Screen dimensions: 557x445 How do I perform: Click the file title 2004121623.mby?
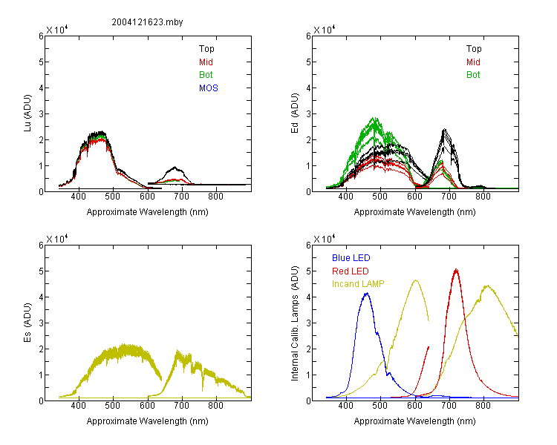click(x=147, y=22)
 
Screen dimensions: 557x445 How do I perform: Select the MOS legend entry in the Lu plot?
click(x=209, y=88)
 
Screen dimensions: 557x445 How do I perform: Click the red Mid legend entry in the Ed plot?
click(x=473, y=62)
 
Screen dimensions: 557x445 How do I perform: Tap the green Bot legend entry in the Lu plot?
click(x=206, y=75)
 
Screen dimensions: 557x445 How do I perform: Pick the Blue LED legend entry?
click(x=351, y=258)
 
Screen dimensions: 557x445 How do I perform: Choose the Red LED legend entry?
click(x=351, y=271)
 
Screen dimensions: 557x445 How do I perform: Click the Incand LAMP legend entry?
click(x=358, y=284)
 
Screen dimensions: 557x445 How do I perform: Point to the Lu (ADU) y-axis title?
click(x=27, y=113)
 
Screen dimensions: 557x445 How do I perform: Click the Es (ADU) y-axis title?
click(x=27, y=323)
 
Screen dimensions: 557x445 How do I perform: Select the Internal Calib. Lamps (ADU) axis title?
click(x=295, y=323)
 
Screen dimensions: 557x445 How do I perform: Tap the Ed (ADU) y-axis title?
click(x=295, y=113)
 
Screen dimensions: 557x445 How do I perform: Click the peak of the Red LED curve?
click(x=456, y=270)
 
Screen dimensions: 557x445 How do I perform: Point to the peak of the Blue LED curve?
click(x=367, y=294)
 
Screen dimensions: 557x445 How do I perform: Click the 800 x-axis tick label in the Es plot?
click(x=215, y=406)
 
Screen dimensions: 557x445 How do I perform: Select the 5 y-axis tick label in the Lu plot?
click(x=41, y=62)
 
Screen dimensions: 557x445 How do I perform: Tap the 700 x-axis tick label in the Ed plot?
click(x=449, y=197)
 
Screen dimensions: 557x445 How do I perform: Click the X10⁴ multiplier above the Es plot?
click(x=57, y=239)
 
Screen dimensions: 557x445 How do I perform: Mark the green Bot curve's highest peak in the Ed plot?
click(x=374, y=118)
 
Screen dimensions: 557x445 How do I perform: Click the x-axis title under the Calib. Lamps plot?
click(x=414, y=421)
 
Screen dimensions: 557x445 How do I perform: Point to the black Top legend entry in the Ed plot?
click(x=474, y=49)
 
